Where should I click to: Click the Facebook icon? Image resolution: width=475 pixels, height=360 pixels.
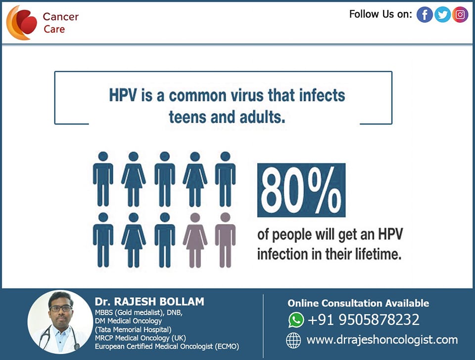pos(425,14)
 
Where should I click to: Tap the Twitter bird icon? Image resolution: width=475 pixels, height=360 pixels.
pos(442,14)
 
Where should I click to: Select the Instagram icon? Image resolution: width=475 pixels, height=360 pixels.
pos(460,14)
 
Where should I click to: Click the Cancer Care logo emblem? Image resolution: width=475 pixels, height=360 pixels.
pos(21,23)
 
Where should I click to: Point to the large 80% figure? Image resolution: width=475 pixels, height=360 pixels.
pos(301,190)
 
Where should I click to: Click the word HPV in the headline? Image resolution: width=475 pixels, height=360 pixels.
pos(123,95)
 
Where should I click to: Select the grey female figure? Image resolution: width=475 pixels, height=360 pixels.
pos(195,240)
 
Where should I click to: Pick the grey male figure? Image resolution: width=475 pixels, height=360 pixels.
pos(225,240)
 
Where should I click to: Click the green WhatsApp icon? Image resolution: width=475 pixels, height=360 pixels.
pos(296,320)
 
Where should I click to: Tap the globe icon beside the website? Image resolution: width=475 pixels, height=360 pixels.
pos(293,340)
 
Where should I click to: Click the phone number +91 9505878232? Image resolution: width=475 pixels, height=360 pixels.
pos(364,320)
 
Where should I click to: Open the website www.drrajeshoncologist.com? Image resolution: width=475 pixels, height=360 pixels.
pos(382,340)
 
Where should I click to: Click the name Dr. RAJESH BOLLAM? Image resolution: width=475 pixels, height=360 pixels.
pos(149,302)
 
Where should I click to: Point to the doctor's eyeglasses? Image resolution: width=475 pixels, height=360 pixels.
pos(60,308)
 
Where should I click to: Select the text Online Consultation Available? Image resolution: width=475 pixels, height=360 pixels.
pos(358,303)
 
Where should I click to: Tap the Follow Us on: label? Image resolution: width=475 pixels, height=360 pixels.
pos(380,14)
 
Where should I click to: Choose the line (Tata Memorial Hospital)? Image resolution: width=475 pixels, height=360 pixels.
pos(133,329)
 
